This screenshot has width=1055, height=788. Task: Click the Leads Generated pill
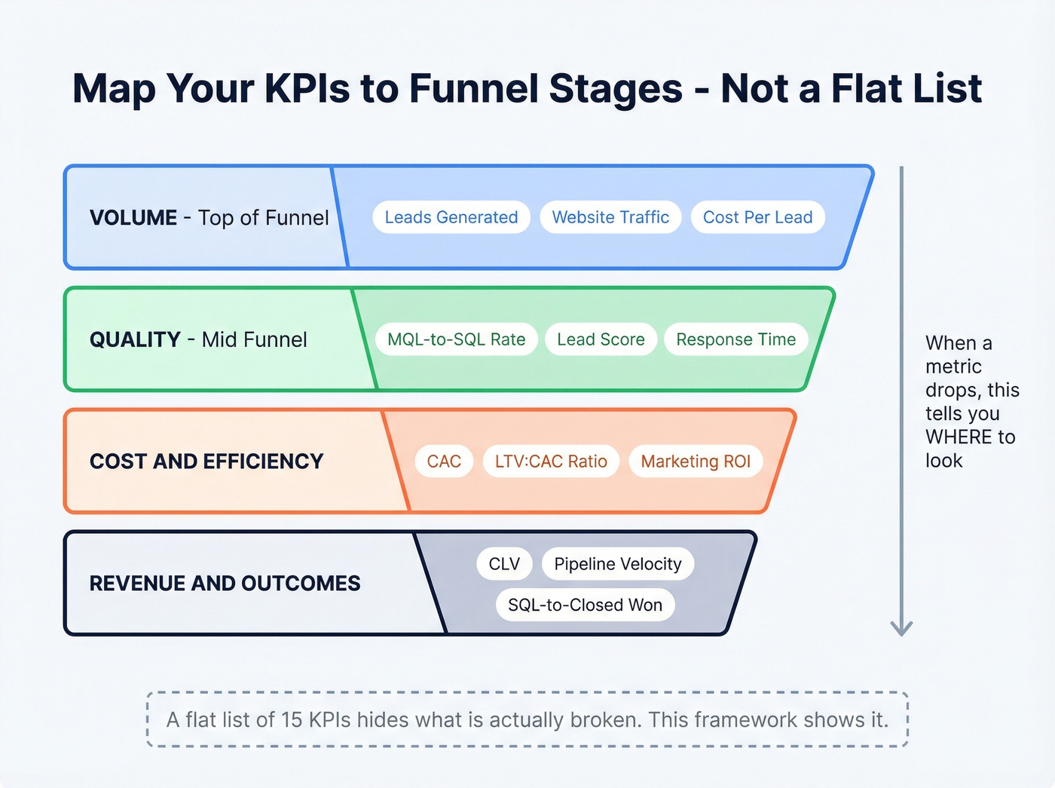(x=451, y=217)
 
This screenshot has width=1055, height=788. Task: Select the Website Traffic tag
(x=610, y=217)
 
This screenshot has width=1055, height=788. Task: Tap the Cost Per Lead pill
(x=757, y=217)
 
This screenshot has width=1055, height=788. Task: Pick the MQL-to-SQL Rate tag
(x=456, y=339)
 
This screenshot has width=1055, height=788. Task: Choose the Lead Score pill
(x=601, y=339)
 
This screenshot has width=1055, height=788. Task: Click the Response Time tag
(x=735, y=339)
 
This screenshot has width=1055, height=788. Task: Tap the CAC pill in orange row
(x=444, y=461)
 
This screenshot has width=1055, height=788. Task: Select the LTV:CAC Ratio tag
(x=551, y=461)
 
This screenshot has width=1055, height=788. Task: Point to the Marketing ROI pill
(x=696, y=461)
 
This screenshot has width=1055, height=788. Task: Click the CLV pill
(x=504, y=564)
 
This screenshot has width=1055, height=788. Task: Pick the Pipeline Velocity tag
(x=617, y=564)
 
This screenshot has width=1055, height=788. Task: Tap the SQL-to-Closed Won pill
(x=585, y=605)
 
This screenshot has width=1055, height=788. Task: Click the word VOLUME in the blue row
(x=133, y=218)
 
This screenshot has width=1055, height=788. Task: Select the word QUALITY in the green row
(x=135, y=340)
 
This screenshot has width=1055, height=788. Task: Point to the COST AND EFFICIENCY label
(x=206, y=461)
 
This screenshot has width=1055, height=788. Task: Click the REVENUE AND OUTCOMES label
(x=225, y=584)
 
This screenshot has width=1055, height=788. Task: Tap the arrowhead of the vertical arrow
(x=901, y=628)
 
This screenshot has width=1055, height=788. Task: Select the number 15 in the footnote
(x=292, y=720)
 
